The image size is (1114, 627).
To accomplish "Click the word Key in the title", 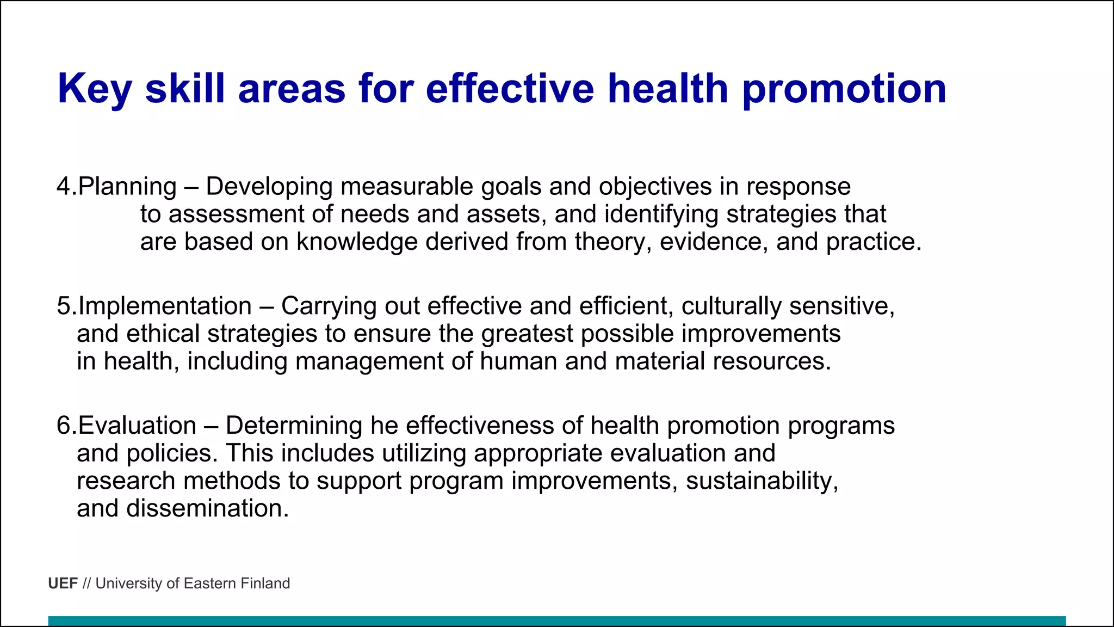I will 94,89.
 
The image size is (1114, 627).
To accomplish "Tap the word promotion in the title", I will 844,89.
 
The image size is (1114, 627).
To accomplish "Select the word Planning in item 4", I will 127,187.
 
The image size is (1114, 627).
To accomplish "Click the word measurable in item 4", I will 406,187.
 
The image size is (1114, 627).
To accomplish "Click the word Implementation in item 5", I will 165,306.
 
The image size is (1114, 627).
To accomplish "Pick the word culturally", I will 731,306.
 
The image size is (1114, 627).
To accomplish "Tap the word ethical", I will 163,334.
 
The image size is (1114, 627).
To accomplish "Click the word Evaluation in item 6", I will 137,426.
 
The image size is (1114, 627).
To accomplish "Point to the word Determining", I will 294,426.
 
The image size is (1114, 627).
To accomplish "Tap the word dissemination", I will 207,509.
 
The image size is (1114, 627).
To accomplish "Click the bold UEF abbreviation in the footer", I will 63,583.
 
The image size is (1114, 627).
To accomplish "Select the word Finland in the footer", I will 265,583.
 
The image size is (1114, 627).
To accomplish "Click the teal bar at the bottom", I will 557,621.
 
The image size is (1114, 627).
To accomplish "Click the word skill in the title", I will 185,89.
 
